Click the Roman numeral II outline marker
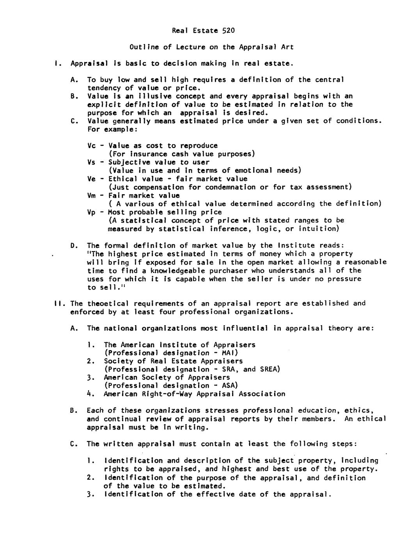pyautogui.click(x=59, y=303)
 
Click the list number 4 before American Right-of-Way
pyautogui.click(x=89, y=394)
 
